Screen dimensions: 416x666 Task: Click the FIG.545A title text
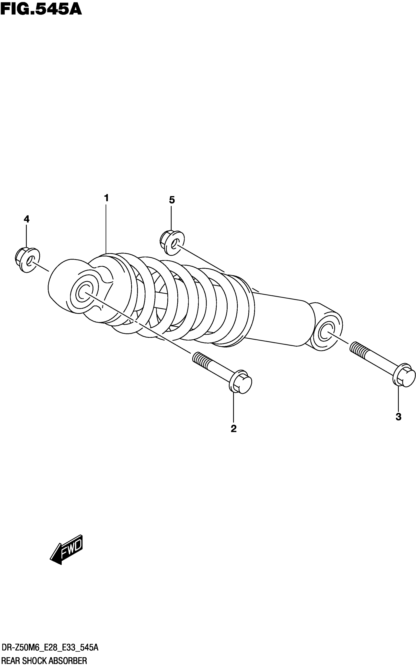click(x=41, y=9)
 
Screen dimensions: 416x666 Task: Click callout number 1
click(x=106, y=198)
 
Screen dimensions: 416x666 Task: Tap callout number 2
click(x=234, y=428)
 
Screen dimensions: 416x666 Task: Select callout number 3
click(x=398, y=417)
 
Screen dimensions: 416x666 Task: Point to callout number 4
click(x=26, y=219)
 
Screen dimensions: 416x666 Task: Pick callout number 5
click(x=172, y=200)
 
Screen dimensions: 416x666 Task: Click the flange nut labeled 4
click(x=27, y=260)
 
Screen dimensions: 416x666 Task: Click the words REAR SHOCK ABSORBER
click(x=44, y=661)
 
